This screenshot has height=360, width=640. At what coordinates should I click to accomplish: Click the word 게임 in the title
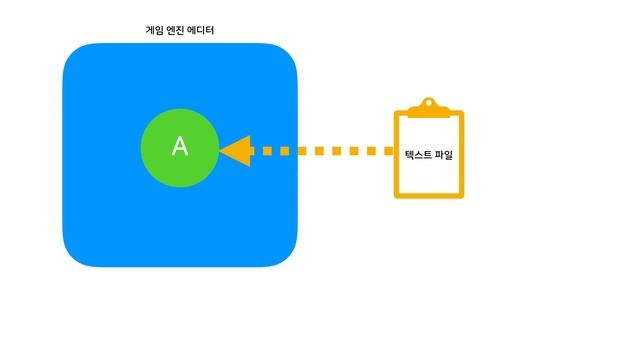[154, 31]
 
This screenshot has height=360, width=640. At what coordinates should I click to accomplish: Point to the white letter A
[180, 146]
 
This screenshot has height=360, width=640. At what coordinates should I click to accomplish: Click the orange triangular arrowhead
[237, 151]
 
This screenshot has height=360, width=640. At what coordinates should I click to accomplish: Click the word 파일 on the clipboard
[442, 155]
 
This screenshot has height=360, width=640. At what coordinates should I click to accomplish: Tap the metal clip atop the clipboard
[429, 106]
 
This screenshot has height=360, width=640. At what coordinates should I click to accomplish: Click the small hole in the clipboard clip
[429, 102]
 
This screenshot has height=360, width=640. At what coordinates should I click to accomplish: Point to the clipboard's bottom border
[429, 195]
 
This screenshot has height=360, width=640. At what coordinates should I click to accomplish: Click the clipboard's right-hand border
[461, 155]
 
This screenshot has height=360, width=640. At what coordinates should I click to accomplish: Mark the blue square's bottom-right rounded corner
[287, 257]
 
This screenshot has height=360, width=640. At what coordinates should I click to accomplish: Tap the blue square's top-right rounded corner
[287, 54]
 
